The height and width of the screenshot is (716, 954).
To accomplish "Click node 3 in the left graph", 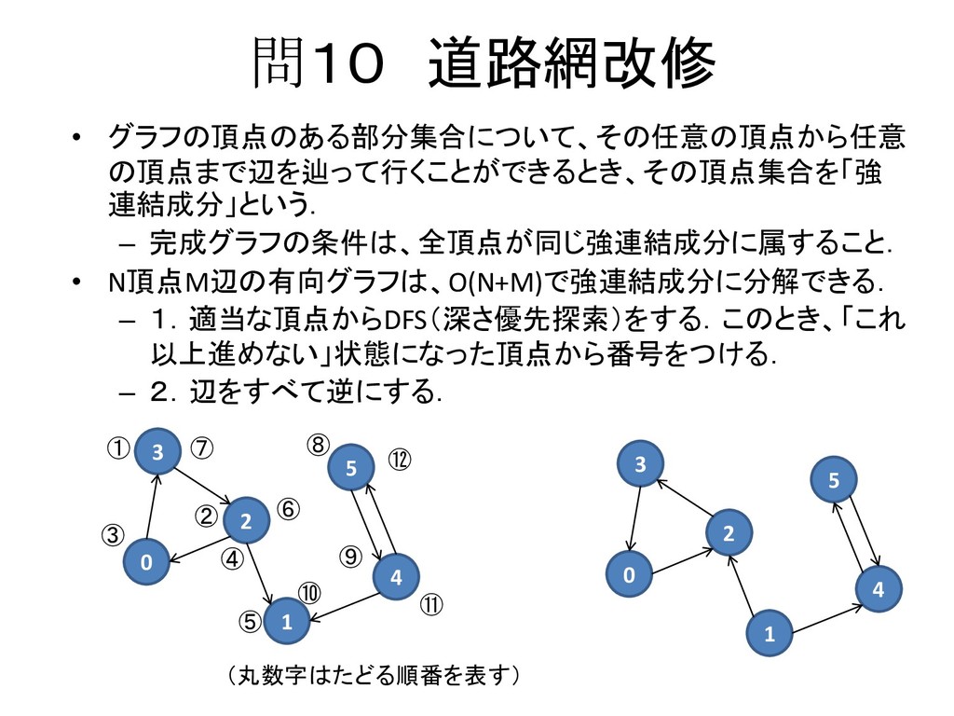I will (158, 452).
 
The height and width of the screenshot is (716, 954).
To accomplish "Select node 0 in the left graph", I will (146, 563).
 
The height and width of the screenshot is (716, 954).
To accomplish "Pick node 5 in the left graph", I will (351, 470).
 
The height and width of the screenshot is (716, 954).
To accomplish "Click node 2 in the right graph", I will (729, 534).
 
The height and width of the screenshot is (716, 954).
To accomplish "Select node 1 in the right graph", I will (770, 635).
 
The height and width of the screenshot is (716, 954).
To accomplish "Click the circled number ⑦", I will (202, 448).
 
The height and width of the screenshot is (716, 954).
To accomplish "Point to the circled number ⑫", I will (399, 461).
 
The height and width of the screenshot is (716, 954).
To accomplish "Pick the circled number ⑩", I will (308, 593).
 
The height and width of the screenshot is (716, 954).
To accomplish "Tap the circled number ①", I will (116, 449).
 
